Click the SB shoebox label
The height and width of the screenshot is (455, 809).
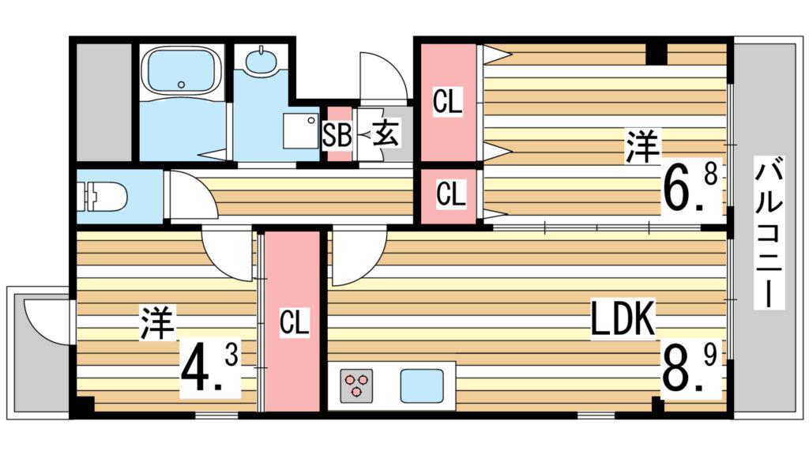click(x=337, y=136)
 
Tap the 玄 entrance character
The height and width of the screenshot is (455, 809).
click(x=386, y=133)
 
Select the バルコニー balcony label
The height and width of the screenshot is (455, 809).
click(x=769, y=232)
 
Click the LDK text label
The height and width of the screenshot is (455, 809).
click(x=623, y=318)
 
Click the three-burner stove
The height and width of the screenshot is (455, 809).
click(x=356, y=385)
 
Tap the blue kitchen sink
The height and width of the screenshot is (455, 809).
click(x=422, y=385)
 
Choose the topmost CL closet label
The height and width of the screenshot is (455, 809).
click(x=447, y=102)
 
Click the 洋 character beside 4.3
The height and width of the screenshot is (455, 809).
click(x=157, y=323)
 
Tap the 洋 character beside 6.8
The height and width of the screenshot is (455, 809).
click(x=642, y=148)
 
